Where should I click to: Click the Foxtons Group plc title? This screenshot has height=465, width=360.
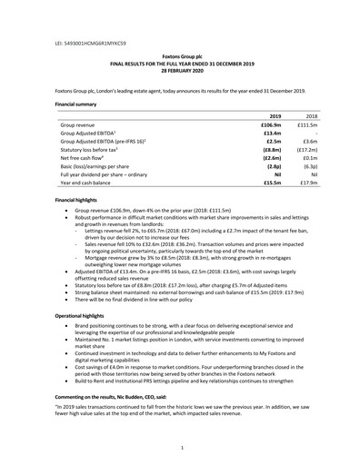pyautogui.click(x=179, y=55)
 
